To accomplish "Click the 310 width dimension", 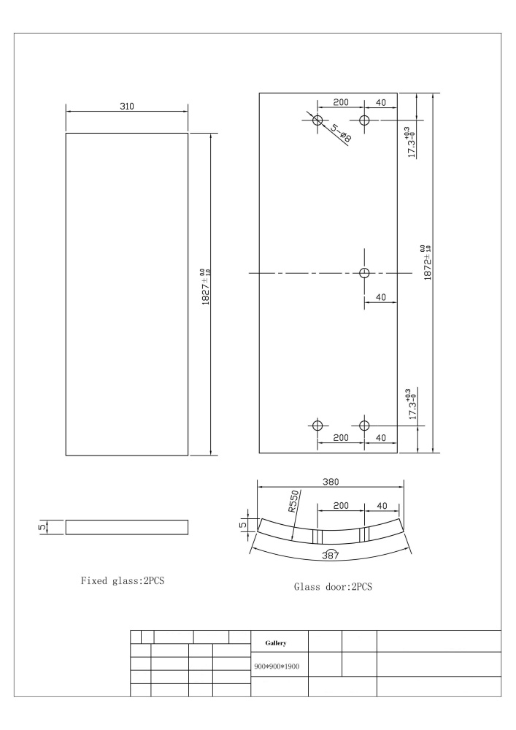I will point(127,106).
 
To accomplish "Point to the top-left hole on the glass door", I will point(317,120).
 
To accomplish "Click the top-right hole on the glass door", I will point(365,120).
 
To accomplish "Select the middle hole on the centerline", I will point(365,273).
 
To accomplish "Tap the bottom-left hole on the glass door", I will point(317,426).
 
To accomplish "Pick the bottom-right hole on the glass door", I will point(365,426).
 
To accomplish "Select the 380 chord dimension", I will point(331,482).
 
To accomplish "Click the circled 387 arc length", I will point(331,556).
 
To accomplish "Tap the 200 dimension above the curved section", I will point(340,506).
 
